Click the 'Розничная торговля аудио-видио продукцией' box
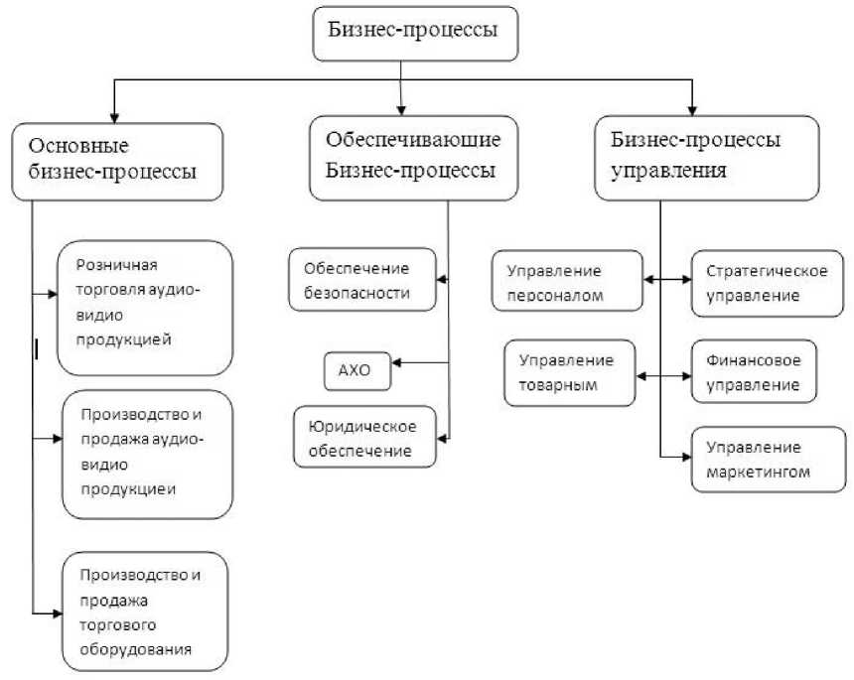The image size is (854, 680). (145, 308)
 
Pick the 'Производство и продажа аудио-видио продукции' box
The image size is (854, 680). (145, 454)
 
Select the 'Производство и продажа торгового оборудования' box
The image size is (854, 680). (144, 612)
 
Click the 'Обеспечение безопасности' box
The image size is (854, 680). (362, 281)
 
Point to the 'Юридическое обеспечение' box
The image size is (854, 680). (365, 438)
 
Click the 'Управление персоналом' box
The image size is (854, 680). (567, 282)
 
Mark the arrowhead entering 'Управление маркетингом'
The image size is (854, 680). (686, 457)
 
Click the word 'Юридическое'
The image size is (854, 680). (361, 428)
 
